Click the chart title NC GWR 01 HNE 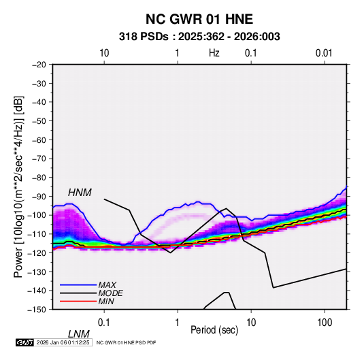(199, 19)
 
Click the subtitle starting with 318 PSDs (199, 37)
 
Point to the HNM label (80, 193)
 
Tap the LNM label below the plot (79, 334)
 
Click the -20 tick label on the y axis (39, 65)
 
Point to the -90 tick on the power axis (39, 196)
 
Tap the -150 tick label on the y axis (37, 310)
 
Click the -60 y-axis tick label (39, 140)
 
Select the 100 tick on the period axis (325, 323)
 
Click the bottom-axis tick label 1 (178, 323)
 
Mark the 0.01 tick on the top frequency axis (324, 53)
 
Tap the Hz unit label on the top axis (214, 53)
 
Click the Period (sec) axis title (214, 330)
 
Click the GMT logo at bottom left (24, 342)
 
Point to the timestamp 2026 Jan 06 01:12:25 (63, 342)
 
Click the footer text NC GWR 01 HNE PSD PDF (126, 342)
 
